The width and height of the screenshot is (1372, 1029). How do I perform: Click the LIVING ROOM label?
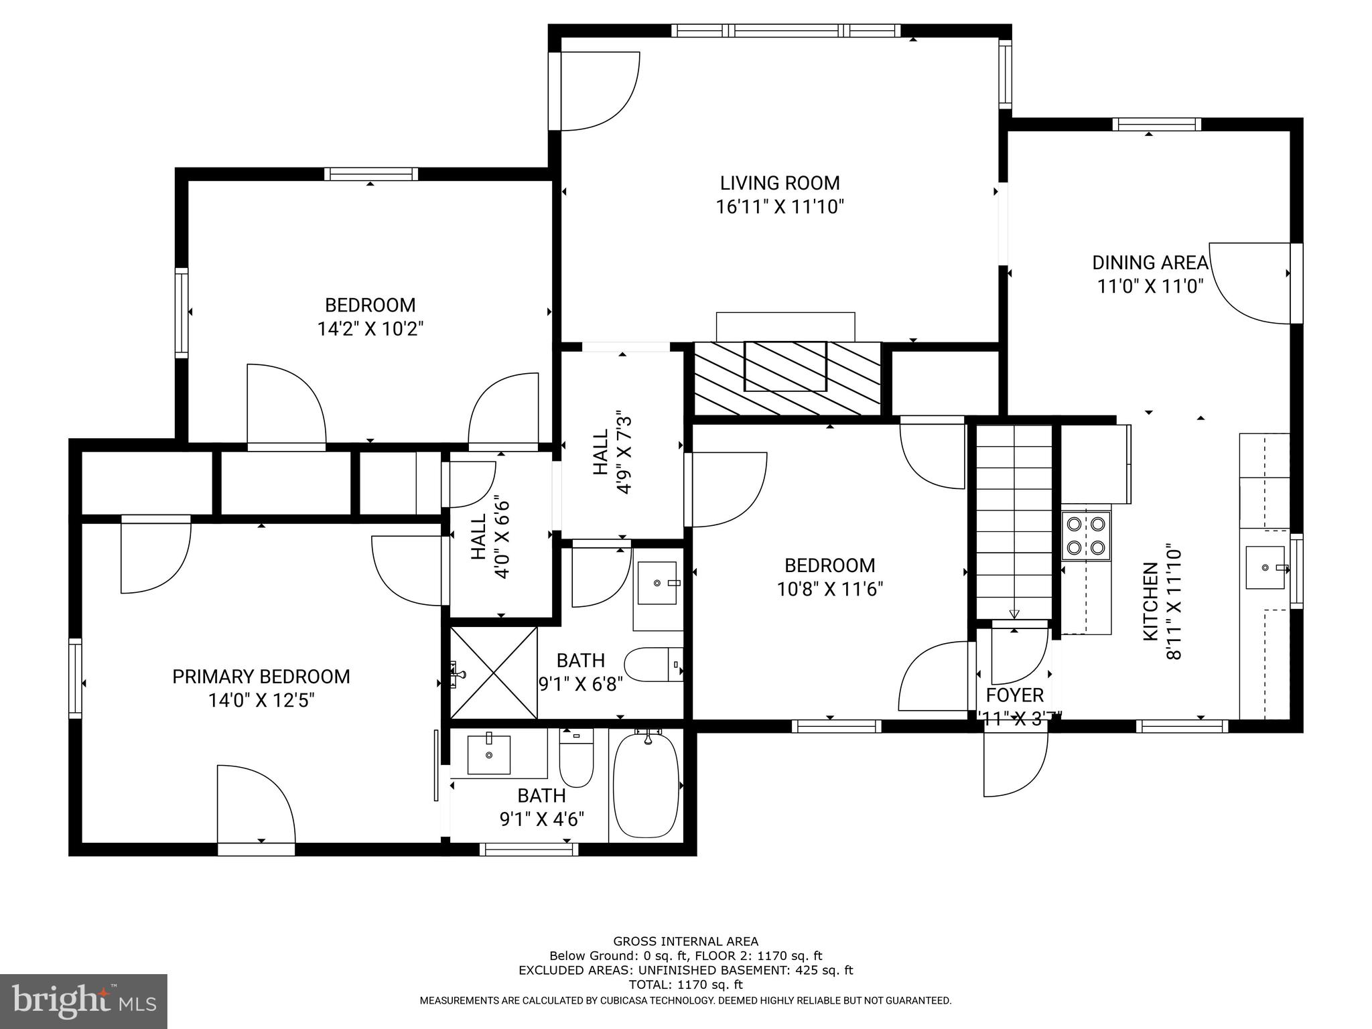tap(779, 183)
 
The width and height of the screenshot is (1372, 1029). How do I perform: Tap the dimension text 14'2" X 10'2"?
tap(370, 329)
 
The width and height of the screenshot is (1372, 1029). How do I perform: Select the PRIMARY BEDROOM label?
tap(261, 677)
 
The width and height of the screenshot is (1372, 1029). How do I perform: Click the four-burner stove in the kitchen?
tap(1086, 535)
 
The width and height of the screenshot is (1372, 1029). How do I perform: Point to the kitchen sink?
tap(1265, 568)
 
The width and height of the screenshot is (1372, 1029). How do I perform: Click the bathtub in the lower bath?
tap(646, 785)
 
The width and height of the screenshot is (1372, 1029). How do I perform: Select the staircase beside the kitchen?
tap(1014, 523)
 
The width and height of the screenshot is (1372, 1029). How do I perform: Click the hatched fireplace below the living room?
tap(786, 377)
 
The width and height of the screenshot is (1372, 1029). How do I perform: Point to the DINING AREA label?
tap(1150, 263)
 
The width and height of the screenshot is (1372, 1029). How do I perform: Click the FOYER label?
tap(1014, 695)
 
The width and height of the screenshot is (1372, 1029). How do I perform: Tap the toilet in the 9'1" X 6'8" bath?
tap(653, 665)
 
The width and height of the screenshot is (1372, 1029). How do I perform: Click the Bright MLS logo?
tap(83, 1001)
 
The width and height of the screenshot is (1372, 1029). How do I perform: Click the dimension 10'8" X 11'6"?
tap(829, 590)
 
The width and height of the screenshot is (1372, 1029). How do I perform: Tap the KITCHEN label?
tap(1150, 602)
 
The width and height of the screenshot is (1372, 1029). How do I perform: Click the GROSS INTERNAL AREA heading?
tap(685, 941)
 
